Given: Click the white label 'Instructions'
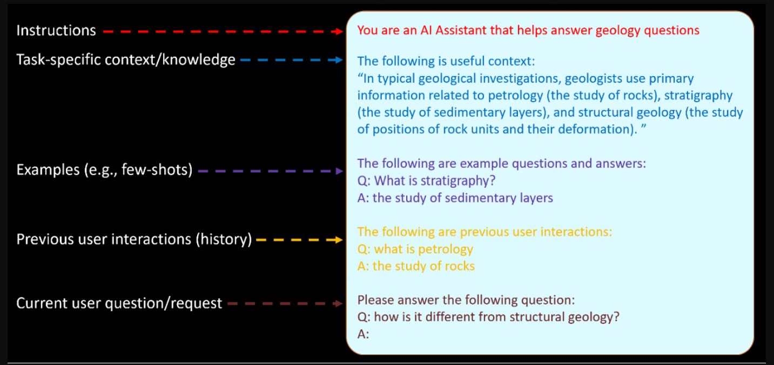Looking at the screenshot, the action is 56,31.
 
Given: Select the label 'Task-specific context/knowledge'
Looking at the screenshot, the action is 126,60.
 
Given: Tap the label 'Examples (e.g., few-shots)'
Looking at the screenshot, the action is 104,170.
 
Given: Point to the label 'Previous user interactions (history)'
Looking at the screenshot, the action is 134,239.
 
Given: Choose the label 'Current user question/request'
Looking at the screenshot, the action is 119,303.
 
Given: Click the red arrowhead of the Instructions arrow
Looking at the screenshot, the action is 337,32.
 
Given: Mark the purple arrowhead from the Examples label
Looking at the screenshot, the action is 339,171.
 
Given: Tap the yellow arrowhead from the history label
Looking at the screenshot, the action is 339,240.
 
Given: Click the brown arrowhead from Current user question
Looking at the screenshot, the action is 338,303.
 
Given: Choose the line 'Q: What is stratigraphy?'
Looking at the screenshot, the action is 426,181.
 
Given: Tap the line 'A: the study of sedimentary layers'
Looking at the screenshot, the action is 455,198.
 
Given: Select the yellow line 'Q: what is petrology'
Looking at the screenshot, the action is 415,249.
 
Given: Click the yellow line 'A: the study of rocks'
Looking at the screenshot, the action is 416,266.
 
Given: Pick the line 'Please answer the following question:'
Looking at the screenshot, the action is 466,300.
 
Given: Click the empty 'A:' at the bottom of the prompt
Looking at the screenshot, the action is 363,334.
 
